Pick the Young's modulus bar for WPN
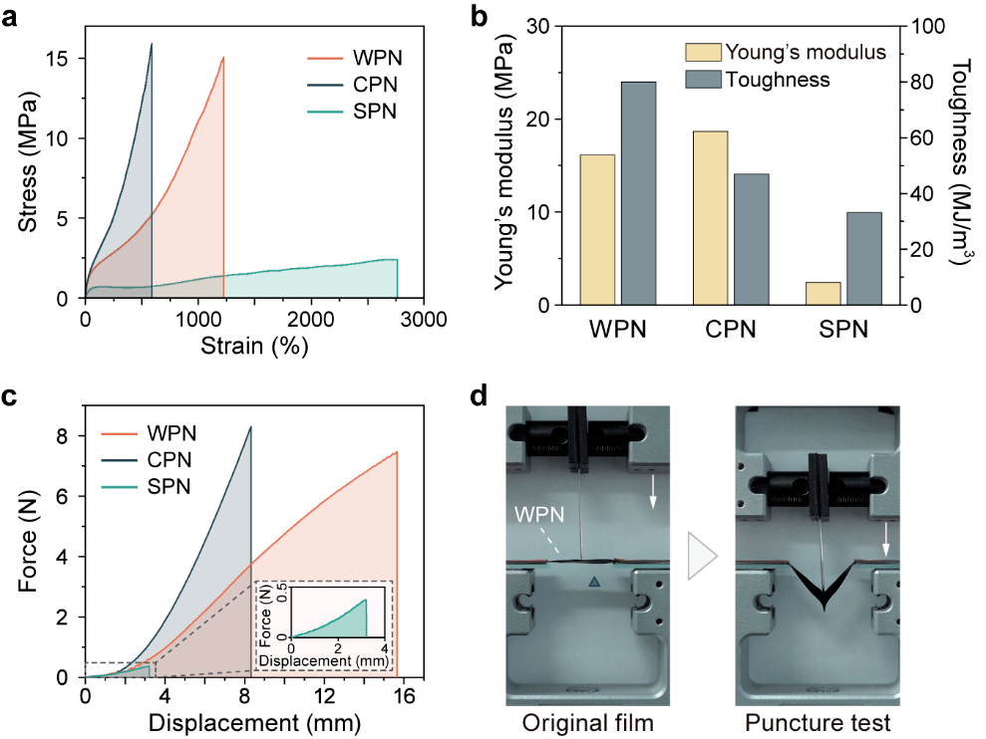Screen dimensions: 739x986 click(x=596, y=229)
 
